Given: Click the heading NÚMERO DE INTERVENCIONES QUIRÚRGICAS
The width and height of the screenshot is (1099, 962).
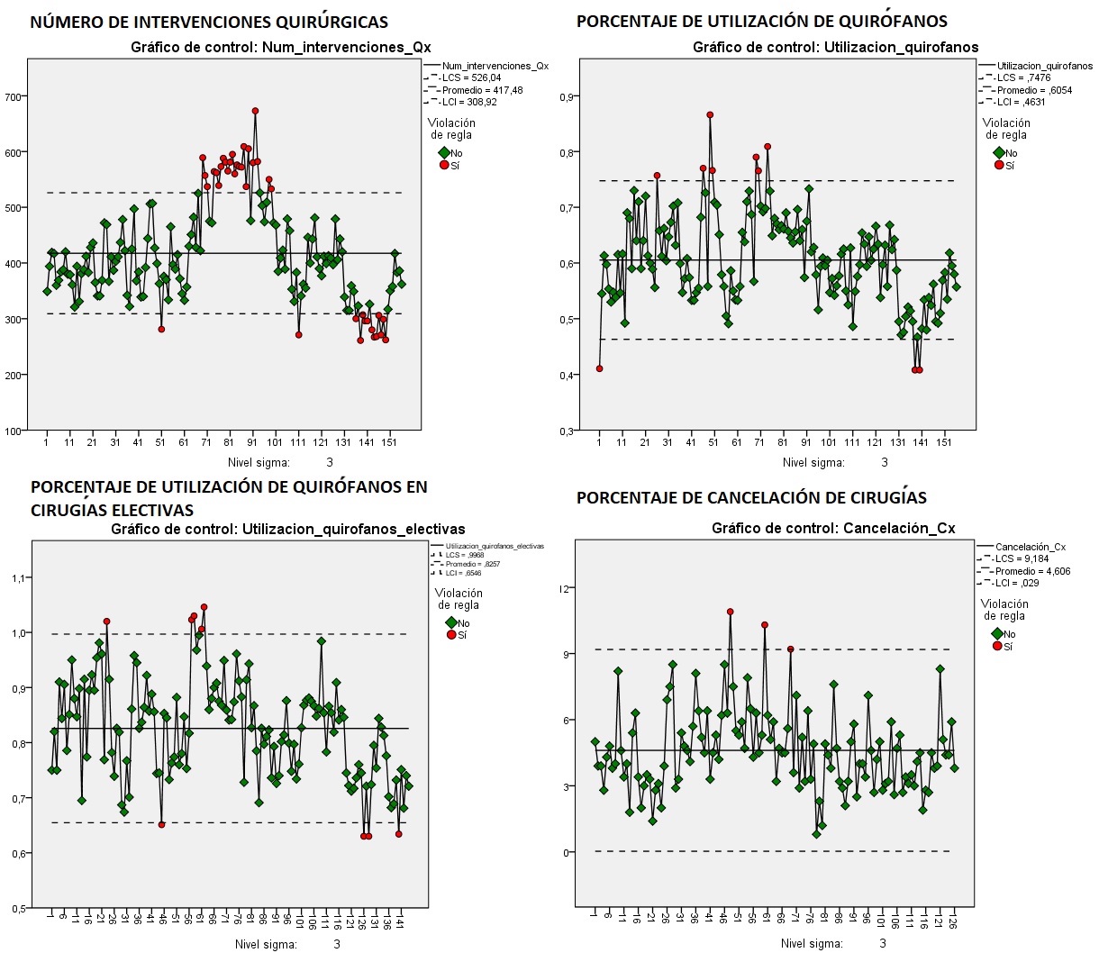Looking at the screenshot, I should click(x=209, y=23).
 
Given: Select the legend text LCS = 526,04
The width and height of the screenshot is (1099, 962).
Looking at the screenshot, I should click(x=471, y=77).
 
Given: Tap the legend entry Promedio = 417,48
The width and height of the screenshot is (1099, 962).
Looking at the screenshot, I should click(x=482, y=90).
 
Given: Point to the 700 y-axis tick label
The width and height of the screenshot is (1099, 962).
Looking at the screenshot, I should click(x=14, y=96).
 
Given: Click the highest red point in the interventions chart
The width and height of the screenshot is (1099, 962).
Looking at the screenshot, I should click(x=255, y=111).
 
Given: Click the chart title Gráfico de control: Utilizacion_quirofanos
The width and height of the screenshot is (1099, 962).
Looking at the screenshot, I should click(x=835, y=47).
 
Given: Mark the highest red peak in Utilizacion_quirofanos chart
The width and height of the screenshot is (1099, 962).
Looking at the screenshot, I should click(x=710, y=114).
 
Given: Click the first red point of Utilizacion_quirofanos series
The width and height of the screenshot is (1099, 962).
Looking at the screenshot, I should click(x=599, y=368).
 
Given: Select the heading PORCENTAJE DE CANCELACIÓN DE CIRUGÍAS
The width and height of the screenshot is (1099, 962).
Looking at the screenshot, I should click(x=751, y=497).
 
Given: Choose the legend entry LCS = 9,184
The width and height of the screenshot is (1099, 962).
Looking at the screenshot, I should click(x=1022, y=558).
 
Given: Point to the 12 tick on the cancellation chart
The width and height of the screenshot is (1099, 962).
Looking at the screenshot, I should click(x=566, y=588).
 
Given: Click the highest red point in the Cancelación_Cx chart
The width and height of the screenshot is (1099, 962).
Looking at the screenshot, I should click(x=730, y=612).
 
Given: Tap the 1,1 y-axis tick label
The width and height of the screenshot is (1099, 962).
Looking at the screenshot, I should click(x=17, y=577).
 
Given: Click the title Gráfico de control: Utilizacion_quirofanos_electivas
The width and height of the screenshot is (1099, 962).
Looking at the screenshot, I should click(x=288, y=529).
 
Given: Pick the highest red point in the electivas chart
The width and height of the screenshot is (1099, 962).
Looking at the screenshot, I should click(x=204, y=607).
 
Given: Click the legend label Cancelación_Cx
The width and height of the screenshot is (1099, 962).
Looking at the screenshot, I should click(x=1030, y=547).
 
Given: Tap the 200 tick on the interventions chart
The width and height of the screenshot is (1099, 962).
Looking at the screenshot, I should click(x=14, y=375).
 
